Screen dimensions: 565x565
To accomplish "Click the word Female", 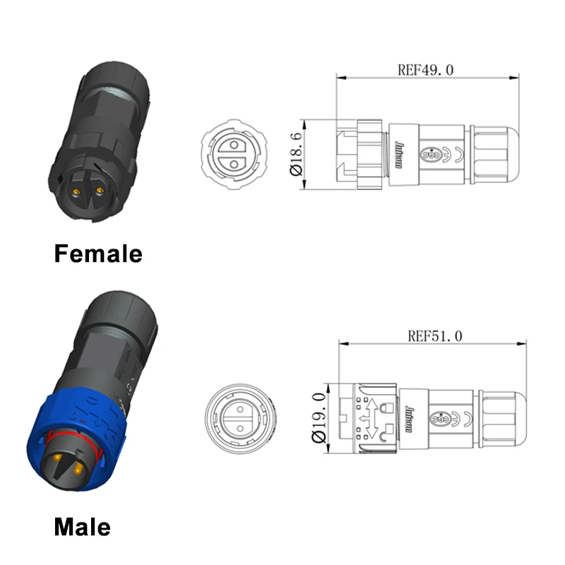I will [x=98, y=253].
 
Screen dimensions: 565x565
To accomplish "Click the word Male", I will [x=82, y=526].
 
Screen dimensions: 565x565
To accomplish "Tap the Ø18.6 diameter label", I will [x=295, y=154].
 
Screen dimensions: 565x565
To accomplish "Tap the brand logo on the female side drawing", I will [x=398, y=154].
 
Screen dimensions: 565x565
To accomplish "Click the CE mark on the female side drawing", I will [x=458, y=154].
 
